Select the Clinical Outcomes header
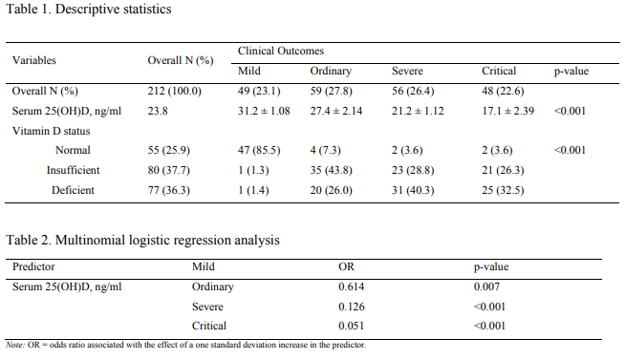pos(281,50)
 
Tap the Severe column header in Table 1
pos(408,72)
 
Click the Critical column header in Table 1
pos(499,72)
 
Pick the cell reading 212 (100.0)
pos(175,92)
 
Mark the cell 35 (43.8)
pos(332,170)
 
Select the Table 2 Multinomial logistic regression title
pos(144,241)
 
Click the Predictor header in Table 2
pos(33,267)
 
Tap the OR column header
pos(346,267)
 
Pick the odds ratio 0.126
pos(352,307)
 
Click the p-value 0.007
pos(487,286)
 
